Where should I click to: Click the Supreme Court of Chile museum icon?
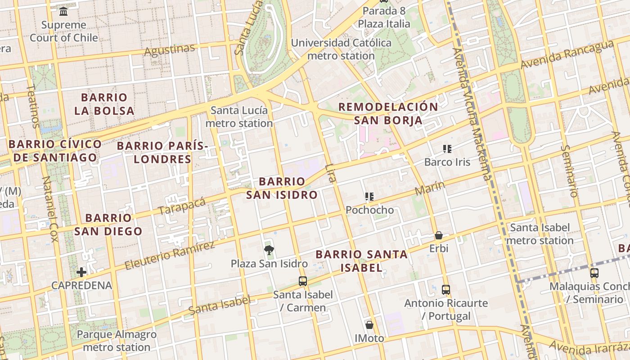click(x=63, y=11)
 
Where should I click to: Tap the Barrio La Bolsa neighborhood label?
click(x=104, y=104)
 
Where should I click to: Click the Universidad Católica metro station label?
click(x=341, y=49)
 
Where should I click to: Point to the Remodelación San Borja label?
click(x=388, y=113)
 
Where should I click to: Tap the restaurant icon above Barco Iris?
click(x=447, y=148)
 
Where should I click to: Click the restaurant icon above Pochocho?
click(x=369, y=196)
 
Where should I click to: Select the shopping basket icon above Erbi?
click(x=438, y=235)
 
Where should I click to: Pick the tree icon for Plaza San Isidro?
click(x=269, y=250)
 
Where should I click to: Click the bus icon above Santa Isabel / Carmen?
click(x=303, y=281)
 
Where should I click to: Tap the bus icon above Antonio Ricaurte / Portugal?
click(x=445, y=289)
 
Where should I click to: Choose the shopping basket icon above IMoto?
click(x=369, y=324)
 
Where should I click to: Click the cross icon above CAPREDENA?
click(x=81, y=272)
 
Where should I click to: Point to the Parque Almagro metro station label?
click(x=117, y=341)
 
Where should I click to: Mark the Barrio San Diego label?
click(x=108, y=225)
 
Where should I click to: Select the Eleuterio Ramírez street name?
click(x=170, y=256)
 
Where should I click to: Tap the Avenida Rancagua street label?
click(x=567, y=55)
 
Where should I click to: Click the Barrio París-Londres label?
click(x=162, y=152)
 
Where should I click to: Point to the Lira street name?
click(x=330, y=173)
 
